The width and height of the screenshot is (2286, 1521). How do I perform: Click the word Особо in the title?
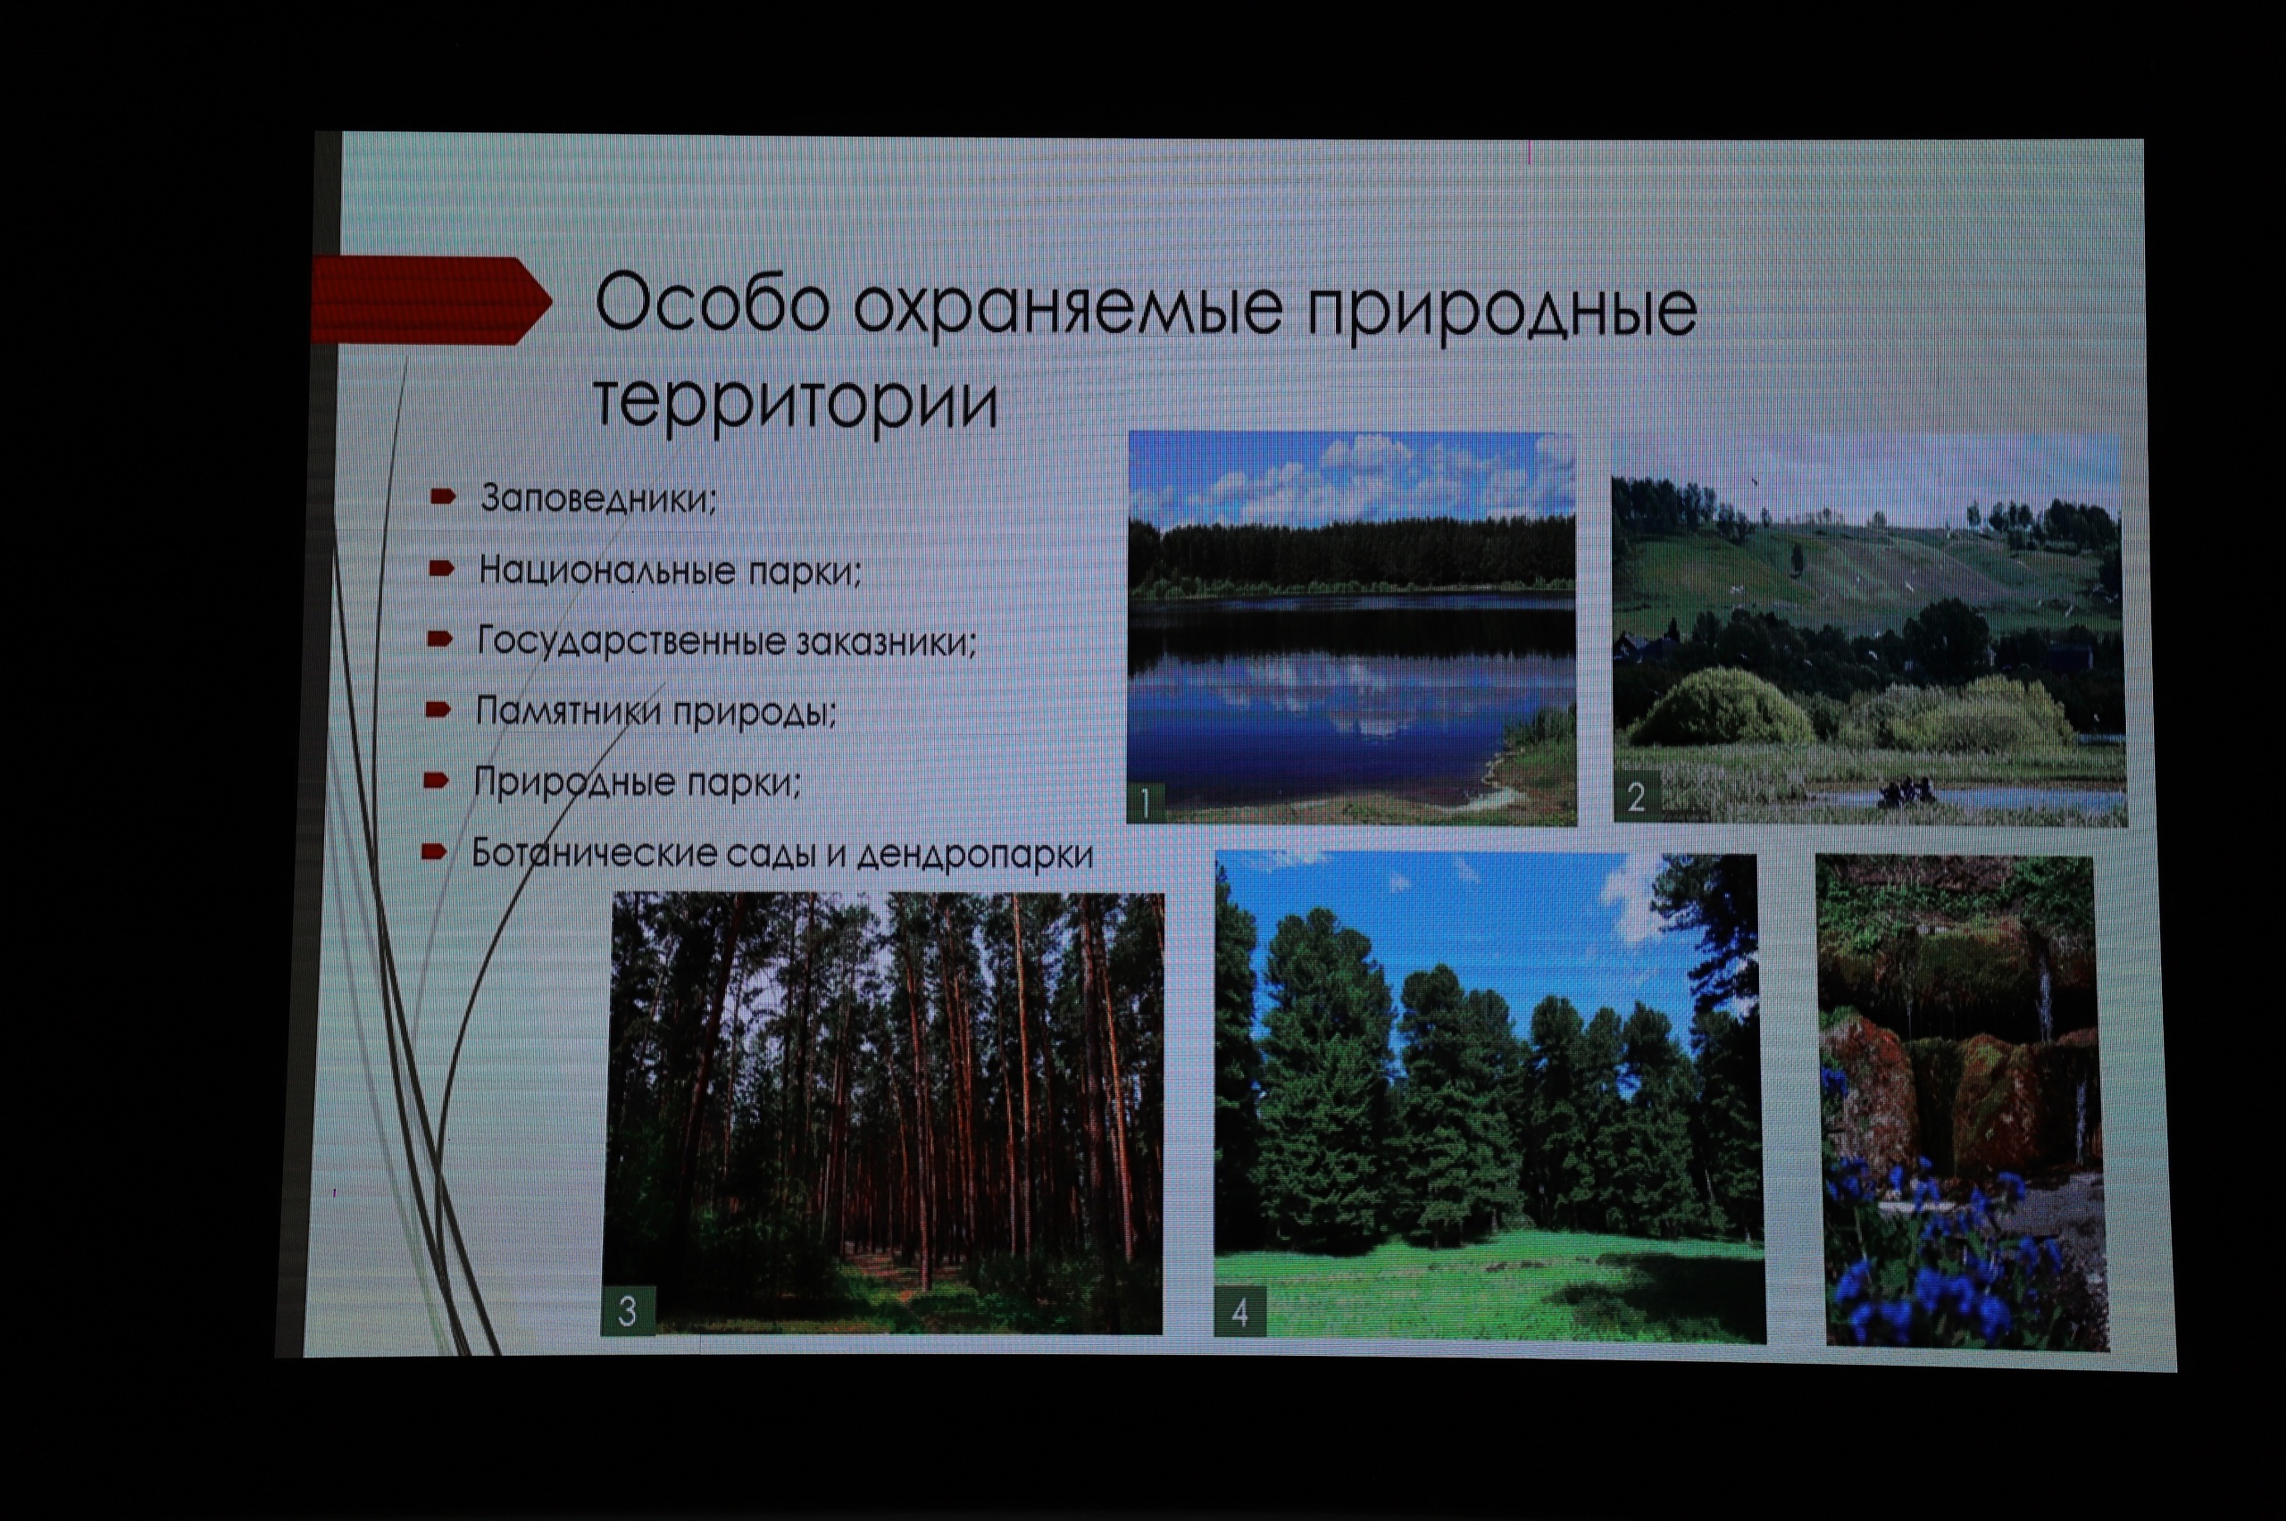713,305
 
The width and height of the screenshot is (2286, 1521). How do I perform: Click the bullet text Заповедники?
598,498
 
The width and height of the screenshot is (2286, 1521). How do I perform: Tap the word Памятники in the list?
568,712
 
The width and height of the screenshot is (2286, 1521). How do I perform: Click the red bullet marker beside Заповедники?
443,497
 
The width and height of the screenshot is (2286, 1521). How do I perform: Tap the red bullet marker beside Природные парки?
437,780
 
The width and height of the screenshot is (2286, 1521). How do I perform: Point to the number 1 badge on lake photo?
1146,802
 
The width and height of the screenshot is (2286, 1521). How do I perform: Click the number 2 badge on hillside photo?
1636,797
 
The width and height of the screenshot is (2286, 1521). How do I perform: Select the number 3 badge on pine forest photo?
628,1311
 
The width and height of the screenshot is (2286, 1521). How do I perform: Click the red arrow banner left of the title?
430,300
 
